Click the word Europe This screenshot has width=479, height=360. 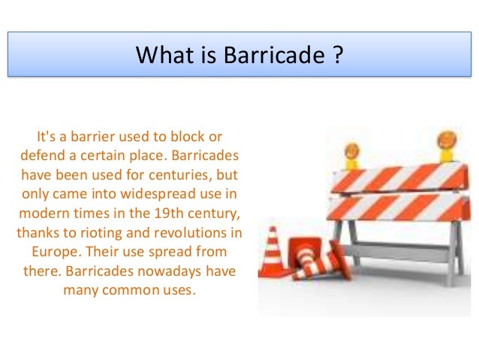click(53, 250)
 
